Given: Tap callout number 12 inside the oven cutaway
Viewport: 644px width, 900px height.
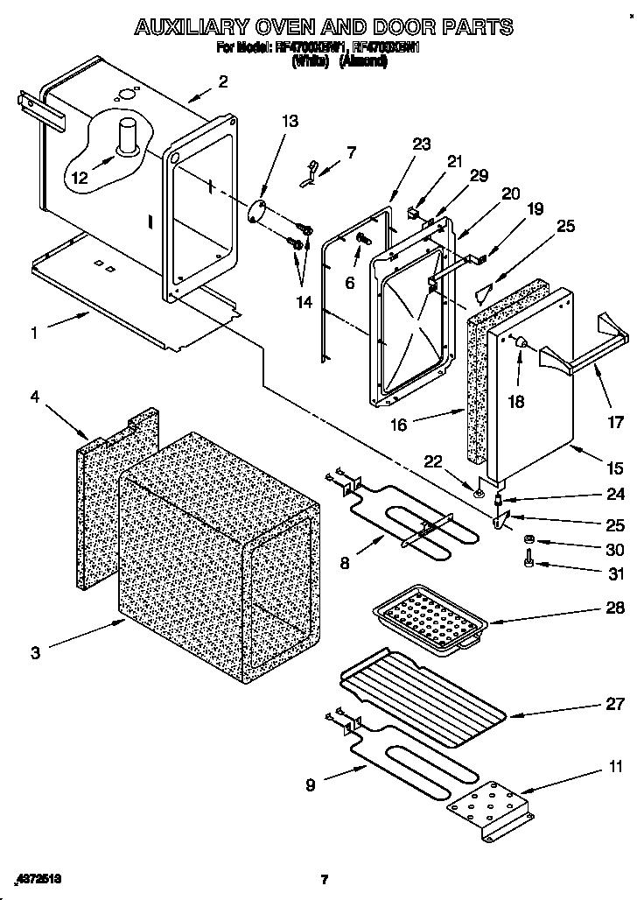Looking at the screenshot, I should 80,177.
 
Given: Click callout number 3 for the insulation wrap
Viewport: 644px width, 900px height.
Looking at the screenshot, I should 36,652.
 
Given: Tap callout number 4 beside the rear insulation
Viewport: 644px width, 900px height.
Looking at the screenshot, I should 35,397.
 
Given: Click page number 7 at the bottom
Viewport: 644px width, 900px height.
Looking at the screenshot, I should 323,879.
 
